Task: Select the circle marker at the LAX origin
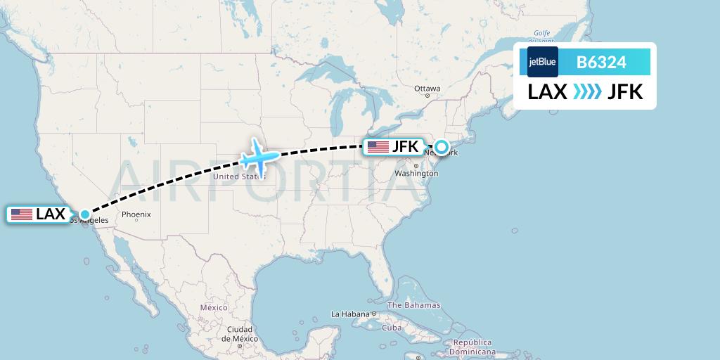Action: pos(84,214)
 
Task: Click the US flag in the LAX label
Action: pos(22,214)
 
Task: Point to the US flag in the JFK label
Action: pos(378,147)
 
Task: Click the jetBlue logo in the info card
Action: pos(543,62)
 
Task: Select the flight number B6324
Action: pos(601,63)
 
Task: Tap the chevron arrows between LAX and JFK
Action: pos(587,92)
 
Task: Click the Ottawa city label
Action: pos(427,89)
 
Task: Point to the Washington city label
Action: pos(416,173)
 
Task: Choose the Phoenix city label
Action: pos(136,214)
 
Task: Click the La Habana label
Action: pos(351,314)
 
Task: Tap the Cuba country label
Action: pos(391,328)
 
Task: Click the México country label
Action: pos(214,308)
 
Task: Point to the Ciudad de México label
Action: pos(239,333)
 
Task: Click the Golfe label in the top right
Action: pos(541,33)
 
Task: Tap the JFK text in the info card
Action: pos(625,92)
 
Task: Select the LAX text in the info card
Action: pos(548,92)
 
